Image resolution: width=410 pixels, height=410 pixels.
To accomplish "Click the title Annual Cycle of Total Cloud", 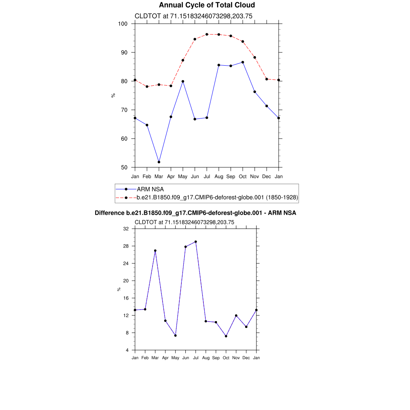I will pos(207,5).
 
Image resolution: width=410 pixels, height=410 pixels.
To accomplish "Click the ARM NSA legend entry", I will pos(150,189).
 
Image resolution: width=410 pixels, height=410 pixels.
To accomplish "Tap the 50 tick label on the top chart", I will pos(124,167).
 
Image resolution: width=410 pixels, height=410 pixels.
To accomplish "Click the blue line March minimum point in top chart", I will pos(159,162).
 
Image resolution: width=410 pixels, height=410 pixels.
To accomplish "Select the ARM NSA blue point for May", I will pos(183,81).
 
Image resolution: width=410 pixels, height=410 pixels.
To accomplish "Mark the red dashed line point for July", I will pos(207,34).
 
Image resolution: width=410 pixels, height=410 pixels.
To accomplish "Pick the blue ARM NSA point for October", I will pos(243,62).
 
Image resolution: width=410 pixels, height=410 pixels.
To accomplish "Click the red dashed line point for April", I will pos(171,86).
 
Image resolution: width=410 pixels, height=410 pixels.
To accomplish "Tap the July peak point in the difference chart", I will pos(196,242).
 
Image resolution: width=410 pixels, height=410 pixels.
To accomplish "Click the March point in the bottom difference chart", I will pos(155,251).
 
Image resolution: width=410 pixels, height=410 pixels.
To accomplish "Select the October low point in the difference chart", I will pos(226,336).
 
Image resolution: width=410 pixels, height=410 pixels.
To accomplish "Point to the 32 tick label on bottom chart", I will pos(126,229).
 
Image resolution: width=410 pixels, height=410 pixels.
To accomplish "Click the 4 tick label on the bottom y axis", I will pos(127,350).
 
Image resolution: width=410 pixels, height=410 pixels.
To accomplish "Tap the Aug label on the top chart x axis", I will pos(219,176).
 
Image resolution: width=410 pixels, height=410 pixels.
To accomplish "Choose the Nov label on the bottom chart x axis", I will pos(236,358).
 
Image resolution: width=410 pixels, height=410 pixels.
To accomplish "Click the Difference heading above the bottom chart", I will pos(195,213).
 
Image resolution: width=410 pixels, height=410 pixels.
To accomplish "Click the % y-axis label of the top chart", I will pos(113,95).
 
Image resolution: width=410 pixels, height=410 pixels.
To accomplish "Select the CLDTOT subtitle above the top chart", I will pos(193,16).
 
